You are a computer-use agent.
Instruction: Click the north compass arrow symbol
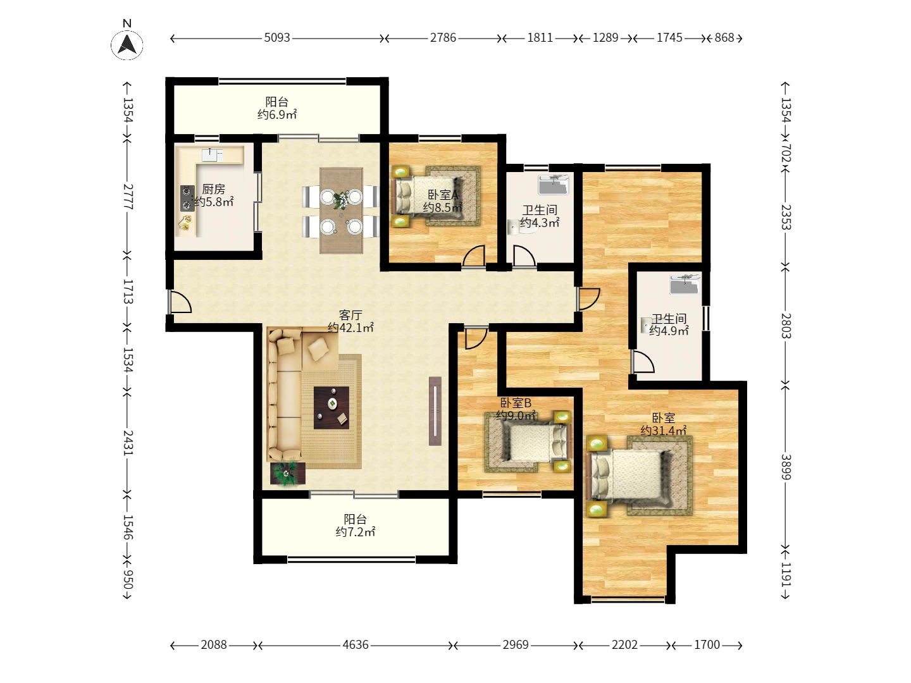[127, 44]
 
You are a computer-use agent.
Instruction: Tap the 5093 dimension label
[277, 38]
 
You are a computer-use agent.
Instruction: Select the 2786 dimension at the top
[443, 38]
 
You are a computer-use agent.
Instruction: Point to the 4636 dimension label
[356, 644]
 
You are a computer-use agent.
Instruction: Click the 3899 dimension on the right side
[786, 467]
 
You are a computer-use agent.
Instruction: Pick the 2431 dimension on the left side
[128, 443]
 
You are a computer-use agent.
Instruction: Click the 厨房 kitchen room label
[213, 189]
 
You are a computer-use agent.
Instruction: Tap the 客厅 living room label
[350, 315]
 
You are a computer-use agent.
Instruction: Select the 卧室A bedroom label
[442, 195]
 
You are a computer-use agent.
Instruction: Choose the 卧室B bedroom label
[516, 403]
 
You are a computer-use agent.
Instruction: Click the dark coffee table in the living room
[332, 408]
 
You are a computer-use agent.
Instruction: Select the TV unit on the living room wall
[435, 411]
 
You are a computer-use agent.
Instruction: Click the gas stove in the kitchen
[187, 198]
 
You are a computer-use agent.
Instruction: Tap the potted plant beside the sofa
[287, 474]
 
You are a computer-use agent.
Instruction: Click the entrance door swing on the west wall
[180, 302]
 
